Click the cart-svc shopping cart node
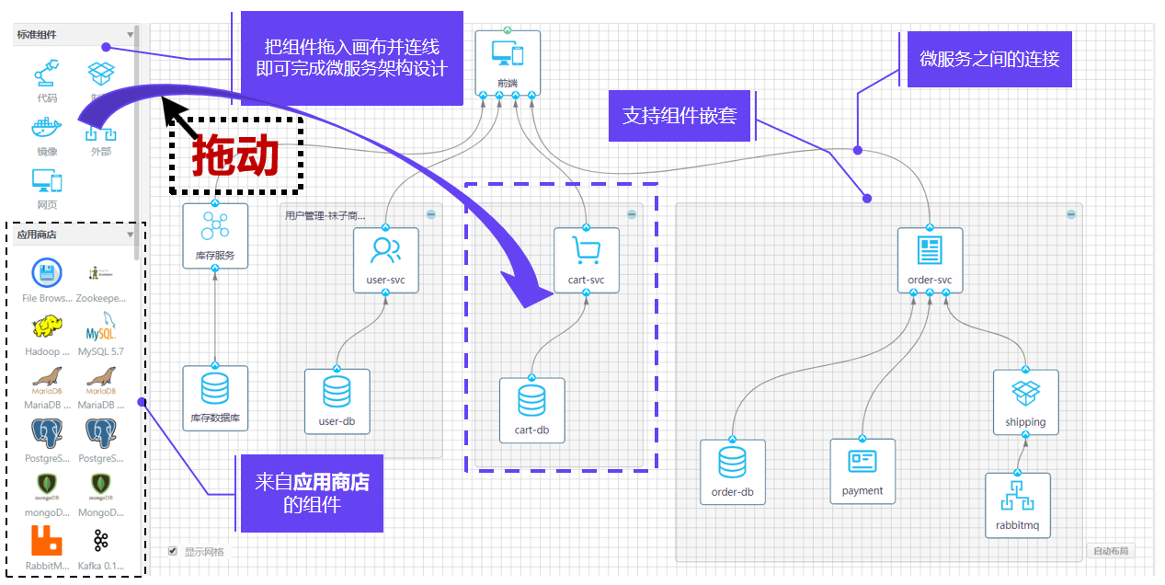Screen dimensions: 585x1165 click(586, 259)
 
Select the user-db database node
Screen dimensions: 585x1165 click(337, 401)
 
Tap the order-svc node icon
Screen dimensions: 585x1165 click(930, 259)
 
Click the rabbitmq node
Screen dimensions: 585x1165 click(1017, 505)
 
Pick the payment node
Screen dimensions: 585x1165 click(862, 470)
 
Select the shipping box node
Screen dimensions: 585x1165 click(1025, 402)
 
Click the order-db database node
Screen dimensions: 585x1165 click(732, 471)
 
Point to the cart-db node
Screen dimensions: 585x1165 click(531, 409)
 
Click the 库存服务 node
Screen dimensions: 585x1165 click(215, 235)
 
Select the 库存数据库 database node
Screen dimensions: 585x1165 click(215, 397)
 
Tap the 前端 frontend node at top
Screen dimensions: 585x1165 click(508, 62)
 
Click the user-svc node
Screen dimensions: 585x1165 click(385, 259)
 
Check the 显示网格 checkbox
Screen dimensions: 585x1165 click(173, 551)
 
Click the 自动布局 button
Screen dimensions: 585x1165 click(1109, 551)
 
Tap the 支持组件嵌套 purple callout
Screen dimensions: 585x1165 click(680, 116)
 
